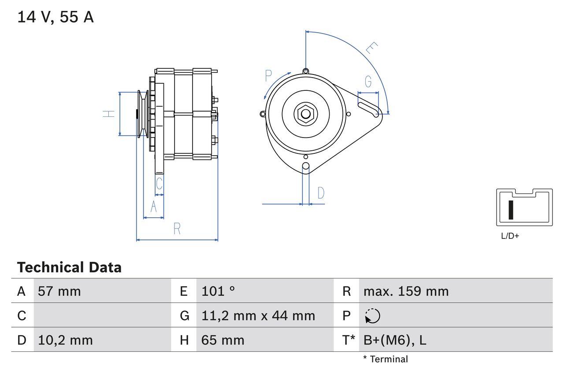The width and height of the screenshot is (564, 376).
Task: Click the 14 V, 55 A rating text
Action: tap(56, 17)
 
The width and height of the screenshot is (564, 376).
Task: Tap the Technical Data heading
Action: tap(69, 268)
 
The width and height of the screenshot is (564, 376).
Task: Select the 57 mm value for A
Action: tap(59, 291)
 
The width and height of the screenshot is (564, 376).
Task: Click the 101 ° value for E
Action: tap(218, 291)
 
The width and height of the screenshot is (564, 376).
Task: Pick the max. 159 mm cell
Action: tap(406, 291)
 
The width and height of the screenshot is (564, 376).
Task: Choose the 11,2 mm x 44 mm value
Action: tap(258, 316)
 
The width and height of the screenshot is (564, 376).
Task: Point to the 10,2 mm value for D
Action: tap(65, 340)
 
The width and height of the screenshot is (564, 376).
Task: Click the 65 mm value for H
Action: tap(223, 340)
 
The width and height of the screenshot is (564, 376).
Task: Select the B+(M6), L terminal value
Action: tap(395, 340)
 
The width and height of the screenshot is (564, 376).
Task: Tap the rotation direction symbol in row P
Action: tap(372, 316)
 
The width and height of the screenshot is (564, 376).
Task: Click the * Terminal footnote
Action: tap(386, 359)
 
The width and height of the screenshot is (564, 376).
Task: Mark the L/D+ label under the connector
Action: tap(510, 236)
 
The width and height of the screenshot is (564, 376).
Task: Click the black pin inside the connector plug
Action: tap(511, 210)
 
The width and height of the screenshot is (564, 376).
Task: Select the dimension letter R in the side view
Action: tap(177, 229)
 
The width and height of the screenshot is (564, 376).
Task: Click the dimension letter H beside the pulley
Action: tap(109, 114)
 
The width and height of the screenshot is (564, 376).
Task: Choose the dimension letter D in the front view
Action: tap(321, 193)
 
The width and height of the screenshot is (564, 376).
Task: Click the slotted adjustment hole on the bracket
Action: tap(369, 109)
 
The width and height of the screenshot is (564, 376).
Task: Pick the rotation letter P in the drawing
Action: tap(268, 76)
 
